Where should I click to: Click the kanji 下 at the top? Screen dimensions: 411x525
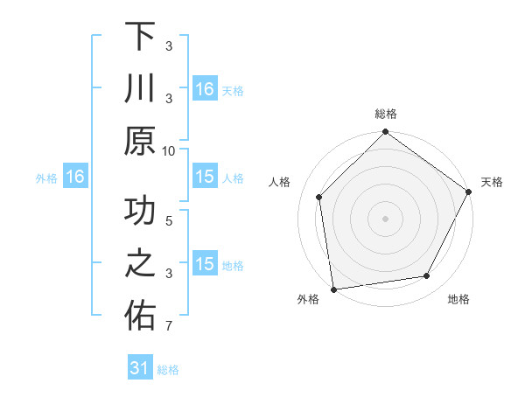point(140,38)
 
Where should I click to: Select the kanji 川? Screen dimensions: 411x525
point(140,90)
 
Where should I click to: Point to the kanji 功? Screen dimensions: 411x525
point(140,212)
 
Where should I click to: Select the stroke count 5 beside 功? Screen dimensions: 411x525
point(169,221)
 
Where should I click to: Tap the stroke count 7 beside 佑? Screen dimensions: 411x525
point(169,326)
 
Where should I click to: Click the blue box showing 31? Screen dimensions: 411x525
point(140,368)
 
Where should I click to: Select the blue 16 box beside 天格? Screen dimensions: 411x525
point(204,89)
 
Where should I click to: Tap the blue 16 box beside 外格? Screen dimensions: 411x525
point(74,178)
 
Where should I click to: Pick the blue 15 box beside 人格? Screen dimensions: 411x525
point(204,178)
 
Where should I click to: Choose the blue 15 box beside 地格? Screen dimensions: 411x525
point(204,265)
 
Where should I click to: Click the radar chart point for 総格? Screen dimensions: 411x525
point(385,134)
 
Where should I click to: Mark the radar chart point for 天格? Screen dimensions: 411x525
point(468,192)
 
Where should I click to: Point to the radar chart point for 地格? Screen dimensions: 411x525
point(427,275)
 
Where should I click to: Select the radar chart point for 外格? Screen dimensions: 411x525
point(333,289)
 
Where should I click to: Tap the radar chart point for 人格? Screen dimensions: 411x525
point(319,197)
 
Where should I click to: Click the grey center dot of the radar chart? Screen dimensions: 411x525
point(385,218)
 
